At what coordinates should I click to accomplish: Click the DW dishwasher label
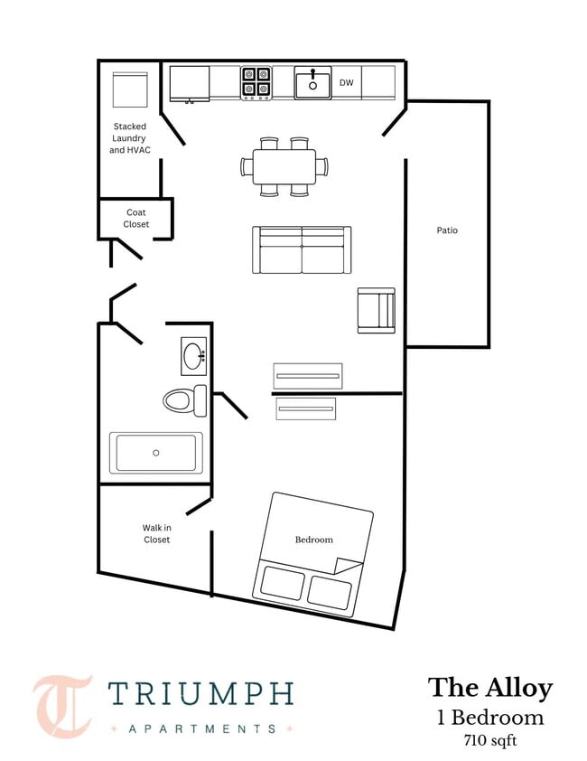(x=347, y=83)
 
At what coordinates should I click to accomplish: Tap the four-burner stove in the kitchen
(x=256, y=83)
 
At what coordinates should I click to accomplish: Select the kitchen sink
(x=312, y=83)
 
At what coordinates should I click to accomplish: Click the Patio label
(x=447, y=230)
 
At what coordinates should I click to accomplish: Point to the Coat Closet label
(x=135, y=219)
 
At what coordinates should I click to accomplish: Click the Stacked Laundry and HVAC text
(x=129, y=138)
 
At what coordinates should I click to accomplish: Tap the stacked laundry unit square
(x=130, y=89)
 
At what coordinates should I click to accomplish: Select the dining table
(x=284, y=166)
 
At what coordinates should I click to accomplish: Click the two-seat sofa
(x=302, y=250)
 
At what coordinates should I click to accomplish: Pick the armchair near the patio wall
(x=377, y=311)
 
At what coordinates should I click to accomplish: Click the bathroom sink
(x=193, y=357)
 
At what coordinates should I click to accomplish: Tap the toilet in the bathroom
(x=185, y=400)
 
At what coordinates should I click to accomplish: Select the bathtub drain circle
(x=155, y=453)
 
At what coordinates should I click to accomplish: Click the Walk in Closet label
(x=157, y=533)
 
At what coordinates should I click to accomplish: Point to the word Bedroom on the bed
(x=314, y=540)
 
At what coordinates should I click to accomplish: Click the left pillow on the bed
(x=283, y=582)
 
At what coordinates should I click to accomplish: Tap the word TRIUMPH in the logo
(x=200, y=693)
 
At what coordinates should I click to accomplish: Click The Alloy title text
(x=490, y=688)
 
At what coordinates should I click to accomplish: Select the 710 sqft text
(x=490, y=741)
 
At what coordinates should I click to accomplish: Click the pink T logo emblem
(x=63, y=706)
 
